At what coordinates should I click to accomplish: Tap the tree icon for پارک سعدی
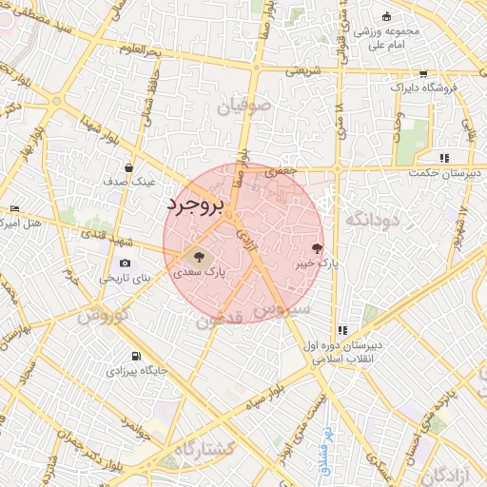coord(199,256)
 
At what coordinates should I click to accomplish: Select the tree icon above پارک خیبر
coord(304,247)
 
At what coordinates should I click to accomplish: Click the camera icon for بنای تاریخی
coord(125,263)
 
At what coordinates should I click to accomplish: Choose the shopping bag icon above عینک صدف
coord(127,167)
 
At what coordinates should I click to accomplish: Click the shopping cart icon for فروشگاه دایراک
coord(422,73)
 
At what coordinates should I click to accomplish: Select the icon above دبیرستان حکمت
coord(443,158)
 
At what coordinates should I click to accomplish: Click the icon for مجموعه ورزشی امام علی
coord(385,17)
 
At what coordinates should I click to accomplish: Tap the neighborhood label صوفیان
coord(245,107)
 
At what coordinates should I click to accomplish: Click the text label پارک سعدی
coord(199,272)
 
